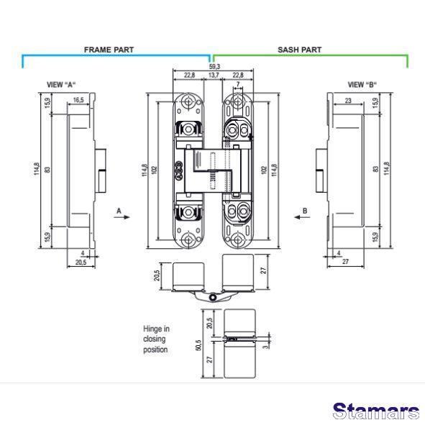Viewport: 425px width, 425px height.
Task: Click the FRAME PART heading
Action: click(109, 50)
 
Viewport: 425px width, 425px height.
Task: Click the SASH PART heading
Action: click(299, 50)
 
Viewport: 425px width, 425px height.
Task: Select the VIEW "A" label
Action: click(61, 85)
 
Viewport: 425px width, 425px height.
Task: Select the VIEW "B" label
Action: click(362, 85)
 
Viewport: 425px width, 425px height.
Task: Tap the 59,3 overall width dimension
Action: click(214, 66)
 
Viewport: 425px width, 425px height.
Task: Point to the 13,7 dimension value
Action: click(214, 75)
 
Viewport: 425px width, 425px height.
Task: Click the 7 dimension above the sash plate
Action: click(238, 84)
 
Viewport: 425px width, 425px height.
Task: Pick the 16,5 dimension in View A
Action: click(78, 100)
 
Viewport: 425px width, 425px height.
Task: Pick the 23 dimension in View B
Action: click(348, 101)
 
